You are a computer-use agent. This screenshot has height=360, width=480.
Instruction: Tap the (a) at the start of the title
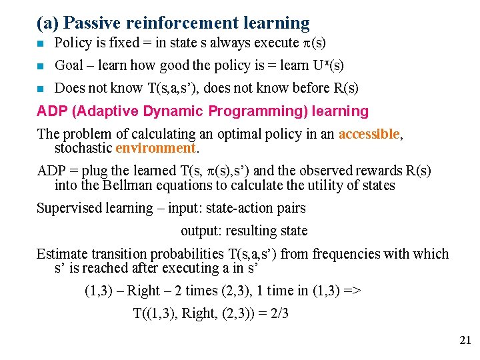(47, 23)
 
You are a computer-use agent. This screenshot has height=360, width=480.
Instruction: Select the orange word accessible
(369, 134)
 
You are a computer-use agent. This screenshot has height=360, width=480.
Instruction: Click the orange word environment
(155, 147)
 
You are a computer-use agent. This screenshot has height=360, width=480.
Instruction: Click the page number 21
(465, 341)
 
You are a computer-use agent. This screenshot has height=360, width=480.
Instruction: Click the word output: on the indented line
(201, 231)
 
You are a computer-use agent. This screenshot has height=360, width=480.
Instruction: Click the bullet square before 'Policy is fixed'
(41, 44)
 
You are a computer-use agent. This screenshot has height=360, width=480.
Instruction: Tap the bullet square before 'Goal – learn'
(41, 66)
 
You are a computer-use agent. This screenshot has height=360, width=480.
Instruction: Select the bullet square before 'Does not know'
(41, 89)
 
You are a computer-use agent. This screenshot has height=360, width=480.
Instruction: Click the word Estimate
(62, 254)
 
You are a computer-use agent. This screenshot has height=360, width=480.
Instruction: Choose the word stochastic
(83, 147)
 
